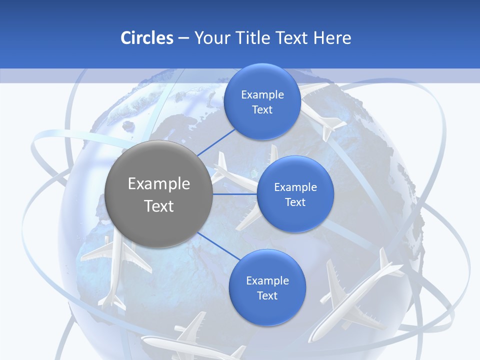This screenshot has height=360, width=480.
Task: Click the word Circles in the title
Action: tap(146, 38)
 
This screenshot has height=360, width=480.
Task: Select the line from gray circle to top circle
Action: tap(216, 141)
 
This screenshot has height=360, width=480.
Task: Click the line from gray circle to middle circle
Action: tap(234, 194)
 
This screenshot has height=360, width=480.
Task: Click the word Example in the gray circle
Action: tap(158, 183)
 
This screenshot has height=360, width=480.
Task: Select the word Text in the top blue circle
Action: tap(262, 109)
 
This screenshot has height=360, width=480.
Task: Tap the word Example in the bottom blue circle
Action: tap(267, 280)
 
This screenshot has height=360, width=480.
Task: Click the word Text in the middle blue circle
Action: tap(295, 202)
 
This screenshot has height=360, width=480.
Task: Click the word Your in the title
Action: tap(209, 38)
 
